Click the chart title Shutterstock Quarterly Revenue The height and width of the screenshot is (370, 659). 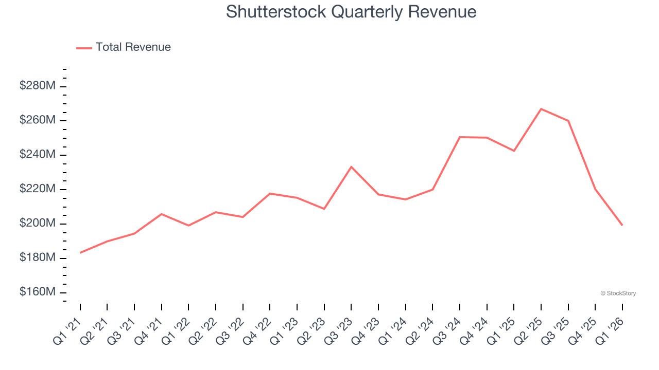[351, 11]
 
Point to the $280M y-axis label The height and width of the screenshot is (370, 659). [38, 86]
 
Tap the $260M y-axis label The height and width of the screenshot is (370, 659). [38, 120]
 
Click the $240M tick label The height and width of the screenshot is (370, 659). [38, 155]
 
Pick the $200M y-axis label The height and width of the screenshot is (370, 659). [38, 224]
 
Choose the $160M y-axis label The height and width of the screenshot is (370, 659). [38, 292]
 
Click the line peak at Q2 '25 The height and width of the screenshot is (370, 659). [541, 109]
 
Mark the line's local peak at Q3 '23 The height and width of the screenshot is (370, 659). [351, 167]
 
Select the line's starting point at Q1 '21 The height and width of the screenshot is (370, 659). [80, 253]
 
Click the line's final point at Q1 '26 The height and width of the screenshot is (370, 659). [622, 225]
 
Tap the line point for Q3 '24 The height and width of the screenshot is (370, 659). [460, 137]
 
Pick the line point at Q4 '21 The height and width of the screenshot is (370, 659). [162, 214]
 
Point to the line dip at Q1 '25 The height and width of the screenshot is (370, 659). [514, 151]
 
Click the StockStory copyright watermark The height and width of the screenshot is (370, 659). [618, 293]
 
